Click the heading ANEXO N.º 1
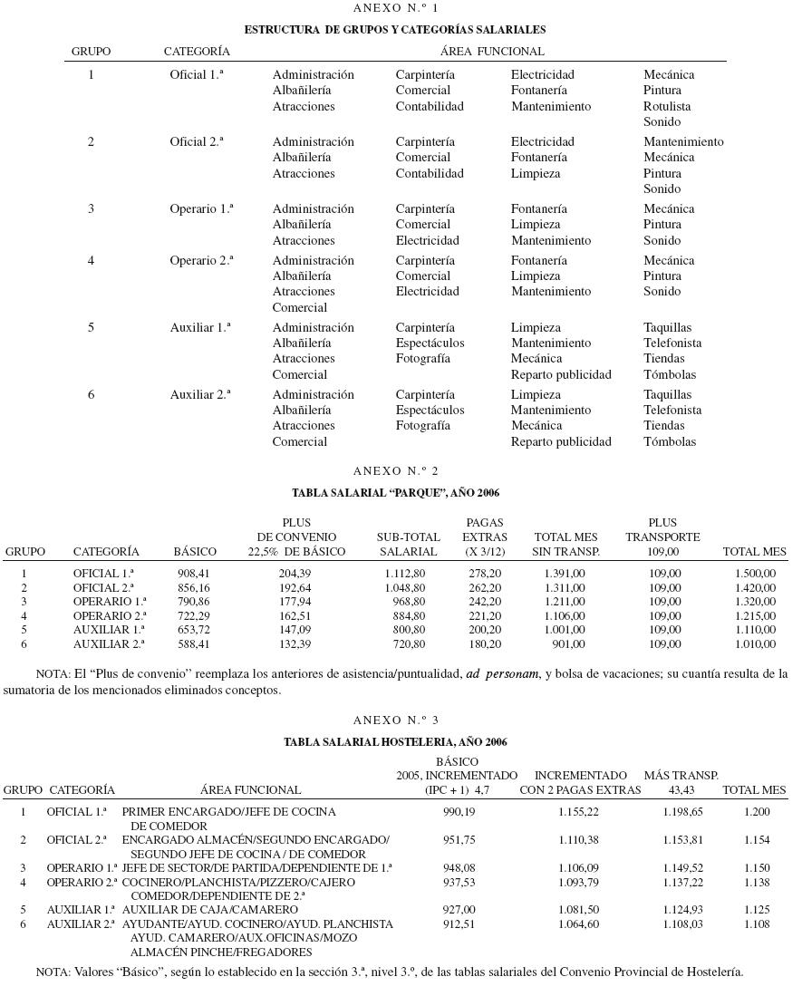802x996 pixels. click(395, 8)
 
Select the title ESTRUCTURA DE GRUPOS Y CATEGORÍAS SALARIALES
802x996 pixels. click(395, 30)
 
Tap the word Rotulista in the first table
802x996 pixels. click(667, 106)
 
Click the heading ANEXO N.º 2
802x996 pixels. click(395, 471)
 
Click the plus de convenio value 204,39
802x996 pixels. click(295, 574)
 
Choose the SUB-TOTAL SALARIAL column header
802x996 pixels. click(408, 544)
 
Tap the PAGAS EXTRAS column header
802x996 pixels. click(485, 537)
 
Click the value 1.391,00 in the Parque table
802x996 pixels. click(565, 574)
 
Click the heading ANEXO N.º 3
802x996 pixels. click(395, 720)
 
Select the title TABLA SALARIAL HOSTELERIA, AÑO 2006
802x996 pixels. click(395, 742)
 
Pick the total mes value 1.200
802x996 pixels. click(757, 812)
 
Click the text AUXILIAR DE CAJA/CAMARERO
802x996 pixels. click(209, 910)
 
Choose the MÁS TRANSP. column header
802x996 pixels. click(681, 776)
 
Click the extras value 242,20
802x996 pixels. click(485, 602)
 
